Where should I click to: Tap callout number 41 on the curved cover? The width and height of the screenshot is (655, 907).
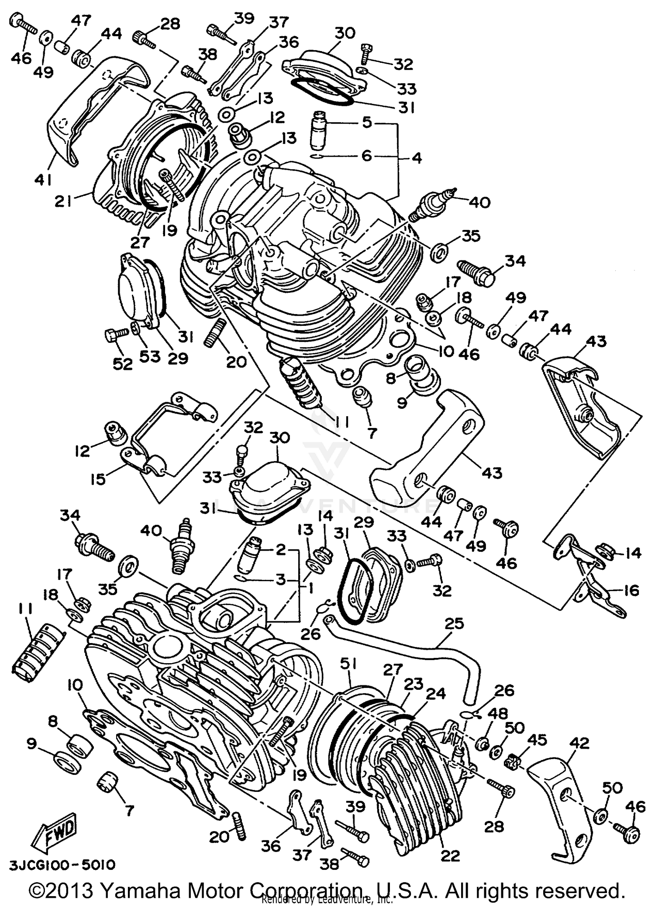[43, 179]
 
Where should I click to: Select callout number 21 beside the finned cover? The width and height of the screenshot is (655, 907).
[64, 202]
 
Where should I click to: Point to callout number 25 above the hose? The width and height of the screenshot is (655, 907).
[454, 623]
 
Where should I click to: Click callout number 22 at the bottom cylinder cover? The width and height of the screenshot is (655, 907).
[450, 856]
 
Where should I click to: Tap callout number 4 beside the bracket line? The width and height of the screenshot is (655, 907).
[417, 158]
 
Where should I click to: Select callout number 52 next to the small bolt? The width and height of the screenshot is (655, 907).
[122, 363]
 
